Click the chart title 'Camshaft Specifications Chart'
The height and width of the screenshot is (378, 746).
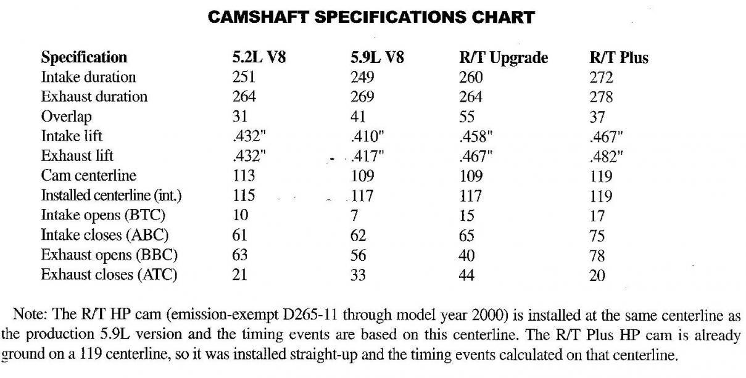tap(371, 17)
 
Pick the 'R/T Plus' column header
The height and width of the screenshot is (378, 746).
tap(619, 58)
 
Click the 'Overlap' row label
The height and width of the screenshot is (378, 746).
tap(66, 117)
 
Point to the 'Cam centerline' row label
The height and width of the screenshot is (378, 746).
tap(89, 176)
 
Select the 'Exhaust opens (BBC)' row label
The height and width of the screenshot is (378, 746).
tap(105, 255)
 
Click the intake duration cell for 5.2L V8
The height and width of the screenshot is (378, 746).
tap(244, 78)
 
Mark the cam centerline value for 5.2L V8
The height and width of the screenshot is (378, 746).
tap(244, 176)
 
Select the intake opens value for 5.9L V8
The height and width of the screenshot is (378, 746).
tap(354, 216)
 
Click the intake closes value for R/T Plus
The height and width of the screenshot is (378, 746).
tap(597, 236)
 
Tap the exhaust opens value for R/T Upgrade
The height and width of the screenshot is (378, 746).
tap(467, 255)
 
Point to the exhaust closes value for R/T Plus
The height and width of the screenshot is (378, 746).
tap(597, 275)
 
